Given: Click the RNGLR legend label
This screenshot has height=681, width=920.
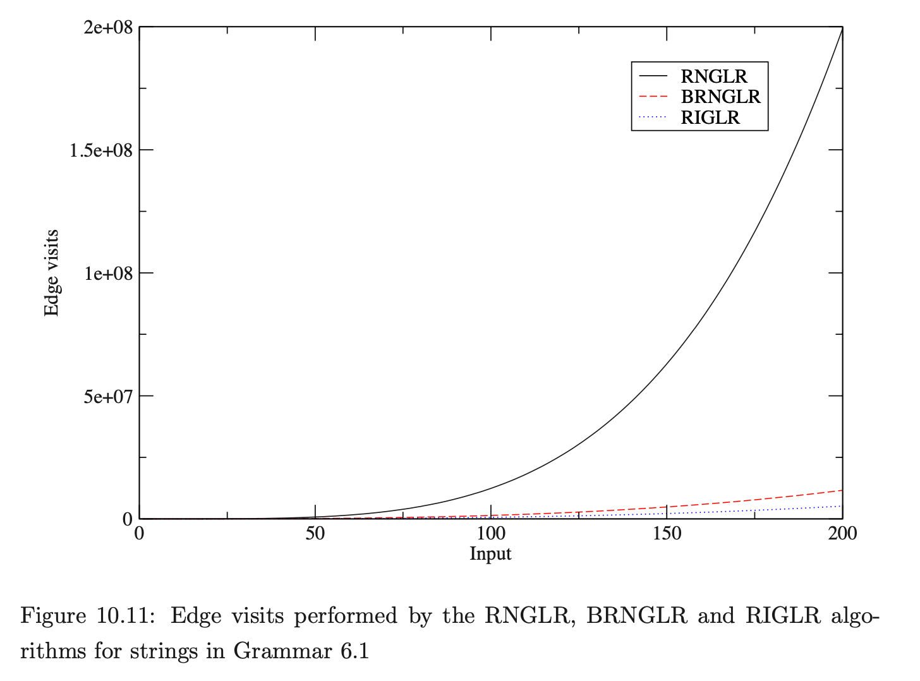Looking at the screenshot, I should pos(713,76).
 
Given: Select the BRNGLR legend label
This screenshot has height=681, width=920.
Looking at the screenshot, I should pos(720,97).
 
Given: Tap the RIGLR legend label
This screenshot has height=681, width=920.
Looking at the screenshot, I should pos(710,118).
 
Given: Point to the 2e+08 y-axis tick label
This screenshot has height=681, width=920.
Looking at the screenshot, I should pos(108,28).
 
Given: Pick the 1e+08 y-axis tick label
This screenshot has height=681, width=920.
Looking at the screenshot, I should pos(108,274).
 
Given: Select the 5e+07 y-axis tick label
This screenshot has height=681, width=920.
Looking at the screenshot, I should pos(108,397).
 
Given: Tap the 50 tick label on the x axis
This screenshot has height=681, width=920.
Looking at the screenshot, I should pos(315,534).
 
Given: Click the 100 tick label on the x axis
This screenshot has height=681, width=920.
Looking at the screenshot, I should pos(491,534).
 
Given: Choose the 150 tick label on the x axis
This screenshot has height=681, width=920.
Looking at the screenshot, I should pos(667,534).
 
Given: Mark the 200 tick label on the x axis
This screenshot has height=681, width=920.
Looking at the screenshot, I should pos(842,534).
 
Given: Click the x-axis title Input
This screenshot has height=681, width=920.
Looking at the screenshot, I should pos(490,554).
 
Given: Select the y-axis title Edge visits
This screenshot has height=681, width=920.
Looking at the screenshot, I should pos(52,273).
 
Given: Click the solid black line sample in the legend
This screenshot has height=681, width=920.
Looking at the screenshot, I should pos(653,76).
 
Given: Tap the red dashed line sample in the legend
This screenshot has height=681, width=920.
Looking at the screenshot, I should pos(653,97).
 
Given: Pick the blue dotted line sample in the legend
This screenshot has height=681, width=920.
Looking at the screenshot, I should pos(653,118).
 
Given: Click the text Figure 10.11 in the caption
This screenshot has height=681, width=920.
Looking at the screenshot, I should pos(88,616).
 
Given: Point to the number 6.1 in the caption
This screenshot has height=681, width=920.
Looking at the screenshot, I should pos(354,651).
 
